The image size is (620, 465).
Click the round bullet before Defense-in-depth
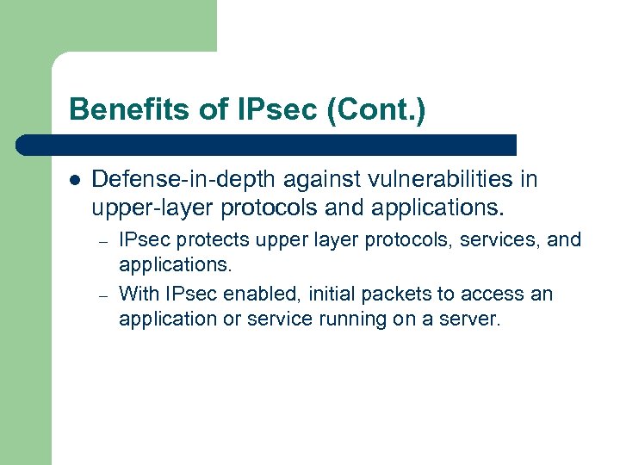(74, 181)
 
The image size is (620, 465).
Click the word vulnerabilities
(424, 179)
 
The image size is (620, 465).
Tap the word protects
(213, 239)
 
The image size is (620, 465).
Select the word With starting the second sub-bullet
(138, 294)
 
